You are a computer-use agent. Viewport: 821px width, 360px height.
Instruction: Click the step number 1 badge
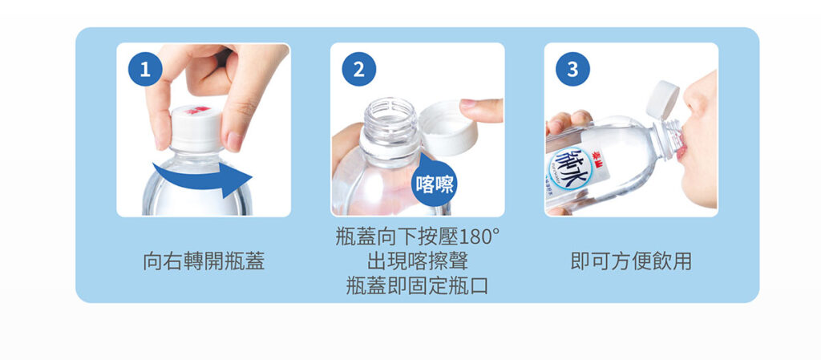tap(145, 69)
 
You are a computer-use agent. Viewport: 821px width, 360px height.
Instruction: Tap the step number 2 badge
tap(358, 69)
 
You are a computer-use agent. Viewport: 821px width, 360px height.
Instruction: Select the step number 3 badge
tap(572, 69)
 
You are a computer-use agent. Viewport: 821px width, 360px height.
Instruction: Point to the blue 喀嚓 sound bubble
tap(434, 183)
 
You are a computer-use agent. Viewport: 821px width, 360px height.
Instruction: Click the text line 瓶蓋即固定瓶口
tap(417, 285)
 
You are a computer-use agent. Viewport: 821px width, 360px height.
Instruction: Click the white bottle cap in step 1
tap(196, 129)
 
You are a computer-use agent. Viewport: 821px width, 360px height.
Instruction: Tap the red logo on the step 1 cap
tap(197, 110)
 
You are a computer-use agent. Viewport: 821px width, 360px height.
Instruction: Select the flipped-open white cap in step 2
tap(448, 128)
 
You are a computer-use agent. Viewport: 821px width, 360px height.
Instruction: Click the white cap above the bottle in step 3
tap(662, 99)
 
